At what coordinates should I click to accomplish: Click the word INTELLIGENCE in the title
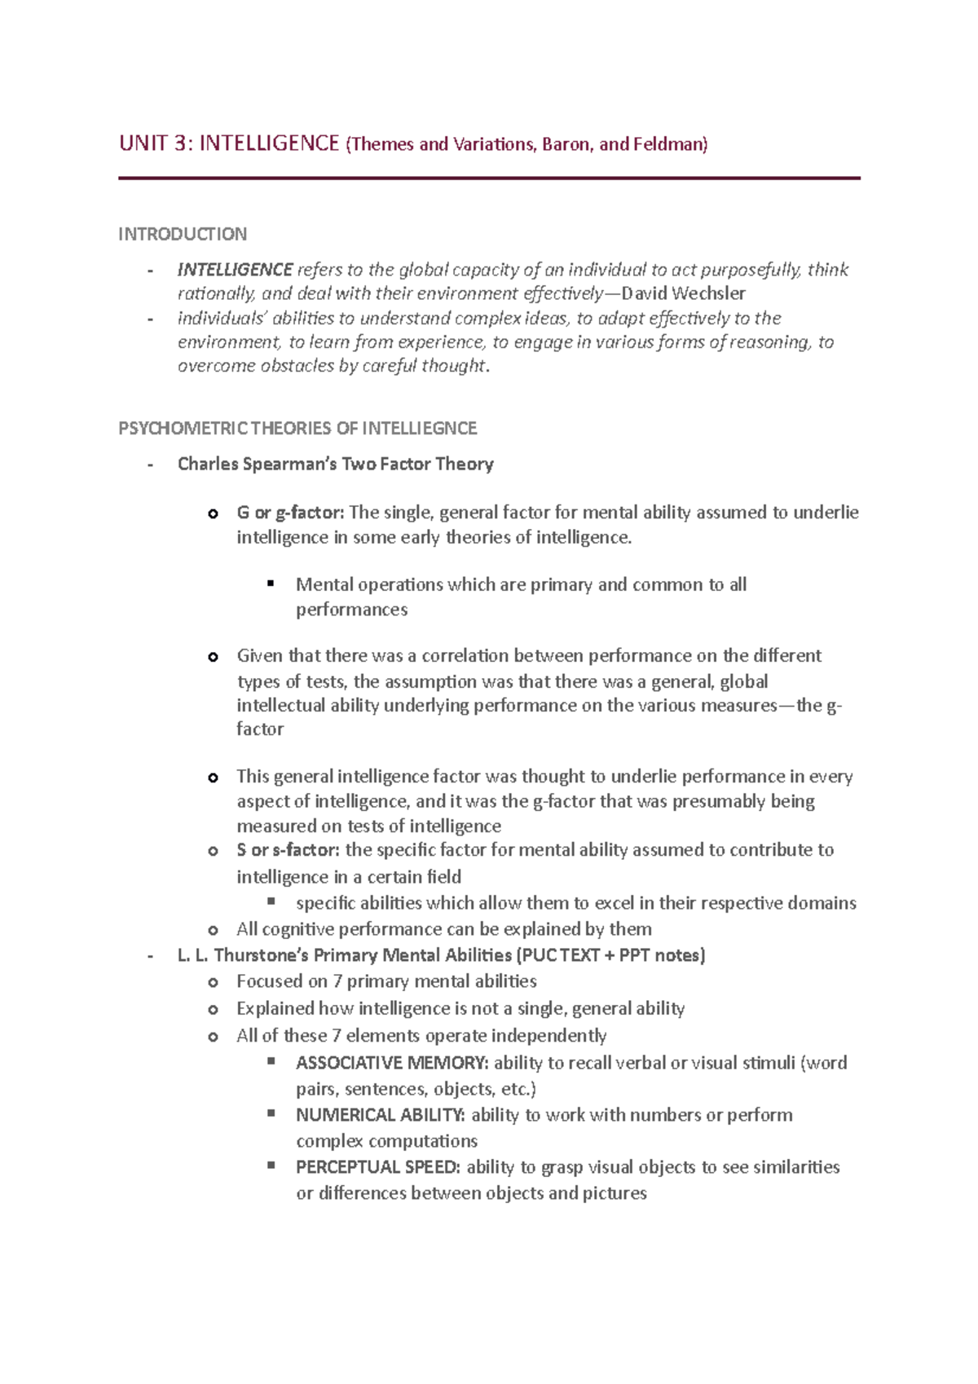pyautogui.click(x=269, y=144)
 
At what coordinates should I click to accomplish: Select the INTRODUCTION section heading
pyautogui.click(x=183, y=235)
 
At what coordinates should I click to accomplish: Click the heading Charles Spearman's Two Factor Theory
pyautogui.click(x=335, y=464)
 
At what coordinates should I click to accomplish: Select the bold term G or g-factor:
pyautogui.click(x=291, y=513)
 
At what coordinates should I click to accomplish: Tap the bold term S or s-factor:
pyautogui.click(x=288, y=850)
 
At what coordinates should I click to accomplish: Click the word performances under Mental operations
pyautogui.click(x=351, y=610)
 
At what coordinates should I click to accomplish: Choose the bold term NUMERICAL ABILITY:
pyautogui.click(x=381, y=1115)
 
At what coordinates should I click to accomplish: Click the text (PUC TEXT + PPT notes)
pyautogui.click(x=611, y=955)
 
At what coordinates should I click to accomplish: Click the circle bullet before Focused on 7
pyautogui.click(x=213, y=982)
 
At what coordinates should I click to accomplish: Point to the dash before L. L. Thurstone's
pyautogui.click(x=150, y=955)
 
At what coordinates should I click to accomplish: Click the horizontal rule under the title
pyautogui.click(x=489, y=178)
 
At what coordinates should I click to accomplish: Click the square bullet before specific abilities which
pyautogui.click(x=271, y=901)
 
